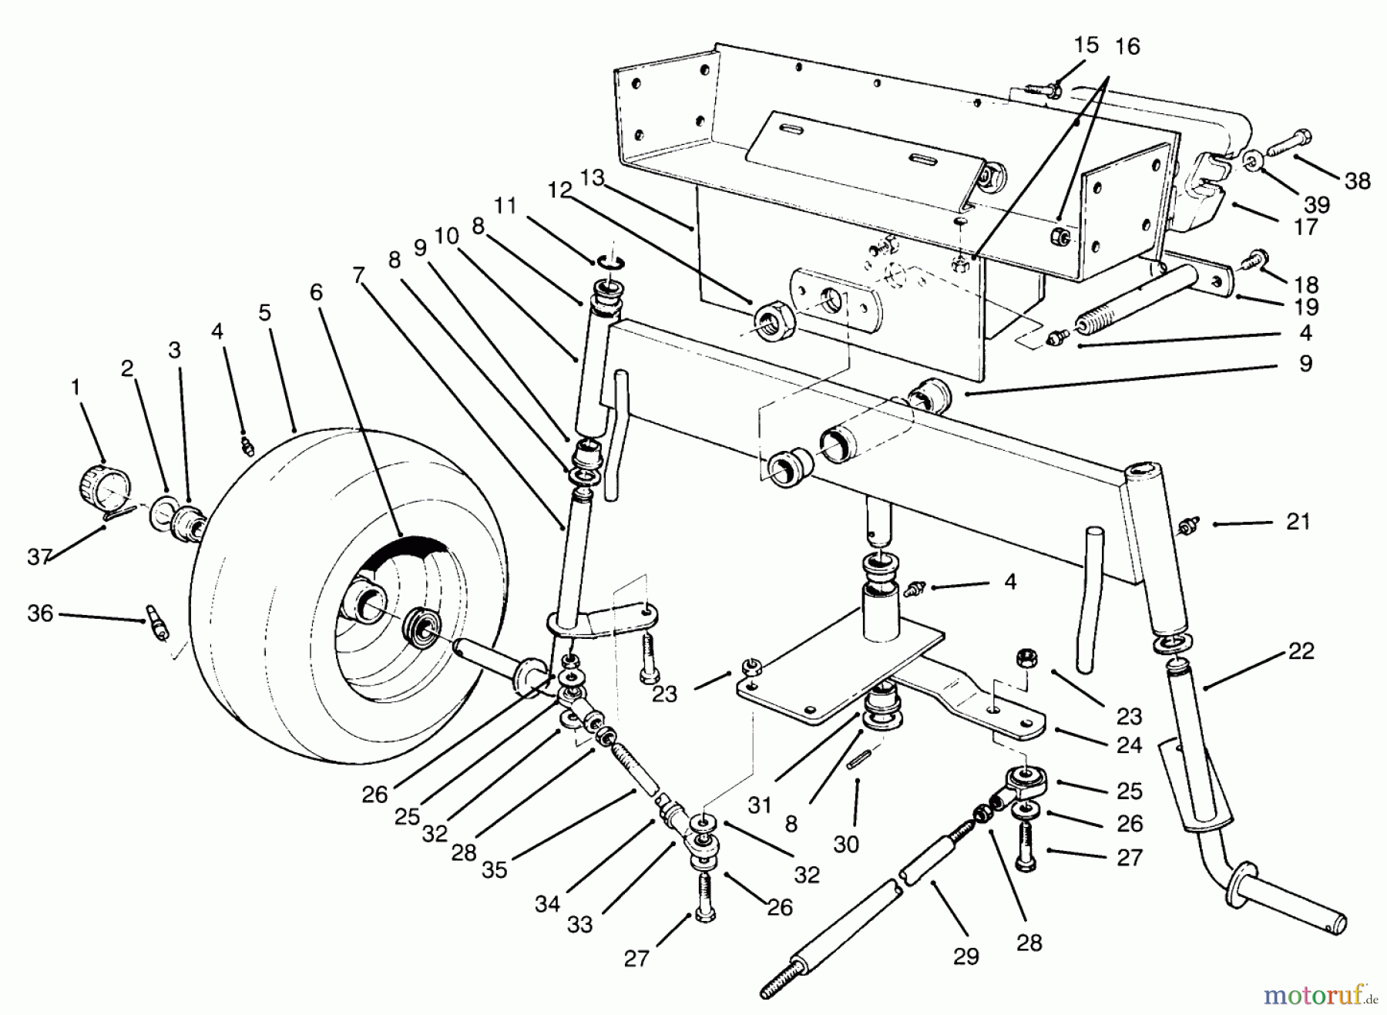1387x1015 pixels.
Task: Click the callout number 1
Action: (x=76, y=388)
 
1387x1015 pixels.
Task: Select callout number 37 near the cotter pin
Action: (x=39, y=556)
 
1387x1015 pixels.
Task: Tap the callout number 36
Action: (x=40, y=613)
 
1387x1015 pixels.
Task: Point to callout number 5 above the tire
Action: (x=264, y=313)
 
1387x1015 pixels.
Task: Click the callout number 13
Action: (x=592, y=179)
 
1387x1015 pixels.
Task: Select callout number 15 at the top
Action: (x=1086, y=45)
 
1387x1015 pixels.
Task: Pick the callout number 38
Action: (x=1358, y=180)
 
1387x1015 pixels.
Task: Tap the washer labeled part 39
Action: (x=1253, y=162)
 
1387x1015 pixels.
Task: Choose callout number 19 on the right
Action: (x=1305, y=307)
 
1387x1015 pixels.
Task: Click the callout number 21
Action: (x=1298, y=522)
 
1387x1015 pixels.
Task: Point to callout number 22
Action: (x=1301, y=651)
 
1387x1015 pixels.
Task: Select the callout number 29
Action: (x=966, y=956)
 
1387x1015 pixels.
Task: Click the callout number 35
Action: (x=495, y=869)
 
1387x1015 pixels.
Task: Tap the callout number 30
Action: (x=846, y=844)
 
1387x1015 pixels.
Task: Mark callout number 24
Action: (x=1129, y=745)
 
